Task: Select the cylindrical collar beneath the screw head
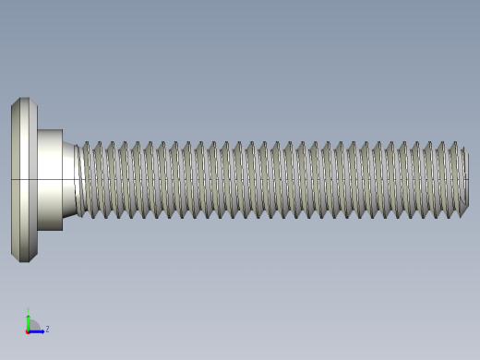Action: [x=50, y=180]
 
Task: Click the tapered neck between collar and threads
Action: [x=69, y=180]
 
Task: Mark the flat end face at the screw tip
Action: [x=466, y=180]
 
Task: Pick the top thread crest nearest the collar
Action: [x=86, y=145]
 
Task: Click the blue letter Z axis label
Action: [x=47, y=329]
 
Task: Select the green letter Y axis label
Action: [x=28, y=311]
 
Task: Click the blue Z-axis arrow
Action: [x=39, y=330]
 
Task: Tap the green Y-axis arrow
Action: [x=28, y=320]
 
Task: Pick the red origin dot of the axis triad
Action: [x=28, y=330]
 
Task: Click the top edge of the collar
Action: [x=50, y=130]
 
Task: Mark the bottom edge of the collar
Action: [x=50, y=229]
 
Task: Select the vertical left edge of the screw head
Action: [x=12, y=180]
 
